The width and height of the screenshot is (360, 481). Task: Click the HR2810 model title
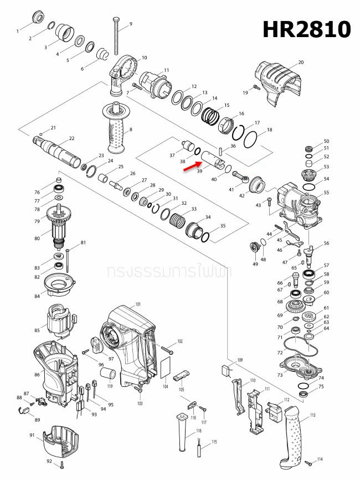tap(306, 29)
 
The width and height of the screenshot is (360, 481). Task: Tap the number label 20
tap(301, 63)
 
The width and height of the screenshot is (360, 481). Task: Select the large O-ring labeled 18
tap(251, 138)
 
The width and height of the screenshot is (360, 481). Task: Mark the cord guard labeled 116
tap(182, 433)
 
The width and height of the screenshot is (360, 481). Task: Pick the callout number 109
tap(240, 360)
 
